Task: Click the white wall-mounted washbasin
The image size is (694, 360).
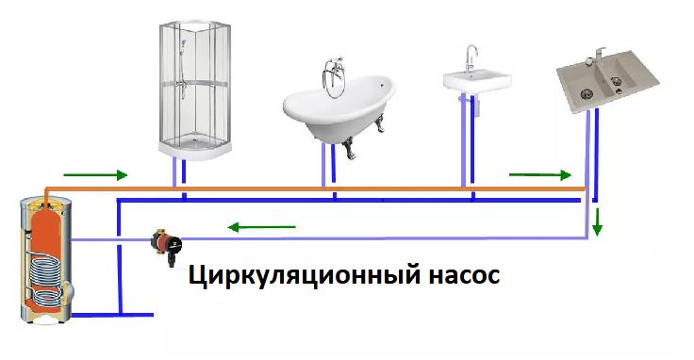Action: [479, 81]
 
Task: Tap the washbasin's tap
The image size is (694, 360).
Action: [471, 55]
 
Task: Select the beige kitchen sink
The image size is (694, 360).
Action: [603, 80]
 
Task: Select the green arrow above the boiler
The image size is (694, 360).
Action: [94, 175]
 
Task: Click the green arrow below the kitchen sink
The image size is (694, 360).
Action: [539, 175]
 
